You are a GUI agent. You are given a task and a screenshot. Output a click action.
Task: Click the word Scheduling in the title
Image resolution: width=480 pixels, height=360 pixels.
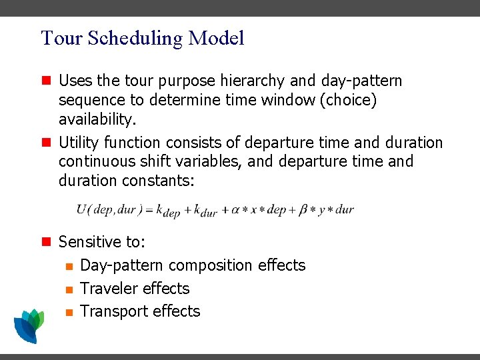click(127, 39)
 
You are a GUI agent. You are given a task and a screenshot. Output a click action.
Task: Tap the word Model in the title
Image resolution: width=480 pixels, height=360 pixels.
click(216, 38)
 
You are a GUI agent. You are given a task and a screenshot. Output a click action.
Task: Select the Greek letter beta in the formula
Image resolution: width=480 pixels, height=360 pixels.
click(303, 209)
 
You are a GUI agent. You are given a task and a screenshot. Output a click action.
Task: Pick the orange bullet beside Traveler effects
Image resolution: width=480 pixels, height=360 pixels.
click(68, 289)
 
